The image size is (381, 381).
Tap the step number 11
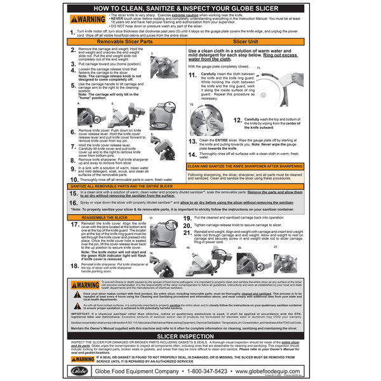[192, 74]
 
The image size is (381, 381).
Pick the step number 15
[74, 191]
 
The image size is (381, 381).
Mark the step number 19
[187, 218]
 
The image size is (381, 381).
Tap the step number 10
[74, 179]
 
